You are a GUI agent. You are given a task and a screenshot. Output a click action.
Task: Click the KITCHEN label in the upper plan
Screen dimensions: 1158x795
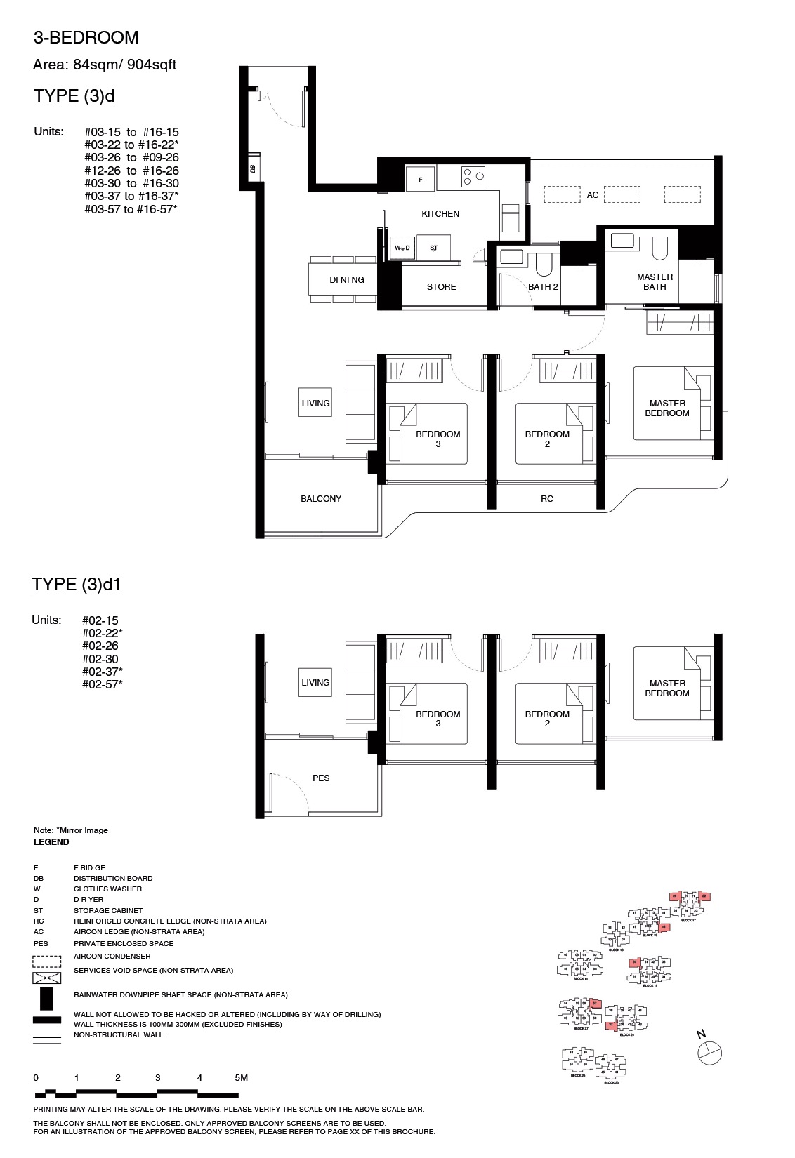440,214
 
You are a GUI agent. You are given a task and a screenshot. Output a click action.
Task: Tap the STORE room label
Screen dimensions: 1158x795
441,287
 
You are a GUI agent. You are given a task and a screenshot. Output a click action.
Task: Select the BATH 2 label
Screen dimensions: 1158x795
543,287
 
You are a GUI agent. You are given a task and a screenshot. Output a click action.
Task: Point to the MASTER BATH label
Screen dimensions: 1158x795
655,281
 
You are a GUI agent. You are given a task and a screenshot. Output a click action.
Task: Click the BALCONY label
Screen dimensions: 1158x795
321,499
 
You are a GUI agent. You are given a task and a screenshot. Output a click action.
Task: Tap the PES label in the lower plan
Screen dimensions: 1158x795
321,778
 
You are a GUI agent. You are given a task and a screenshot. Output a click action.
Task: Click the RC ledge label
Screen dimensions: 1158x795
547,499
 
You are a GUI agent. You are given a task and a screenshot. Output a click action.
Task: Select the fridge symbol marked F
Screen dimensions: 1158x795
421,180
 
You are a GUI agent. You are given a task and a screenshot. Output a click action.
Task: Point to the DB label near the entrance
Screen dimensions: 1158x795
251,168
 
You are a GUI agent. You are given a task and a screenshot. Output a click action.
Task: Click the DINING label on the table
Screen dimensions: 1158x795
347,280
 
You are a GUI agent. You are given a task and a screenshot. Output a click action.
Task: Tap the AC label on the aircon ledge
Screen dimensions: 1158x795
593,195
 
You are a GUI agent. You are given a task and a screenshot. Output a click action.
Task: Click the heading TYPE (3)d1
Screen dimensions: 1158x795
81,585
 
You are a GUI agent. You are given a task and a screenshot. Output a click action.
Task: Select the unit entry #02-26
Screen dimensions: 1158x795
100,646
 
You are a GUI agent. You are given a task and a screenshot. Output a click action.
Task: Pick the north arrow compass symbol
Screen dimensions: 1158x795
710,1052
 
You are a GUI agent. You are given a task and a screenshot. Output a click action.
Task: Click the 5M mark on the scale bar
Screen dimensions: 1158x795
241,1078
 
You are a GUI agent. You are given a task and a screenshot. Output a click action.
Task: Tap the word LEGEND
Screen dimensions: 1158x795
51,842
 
